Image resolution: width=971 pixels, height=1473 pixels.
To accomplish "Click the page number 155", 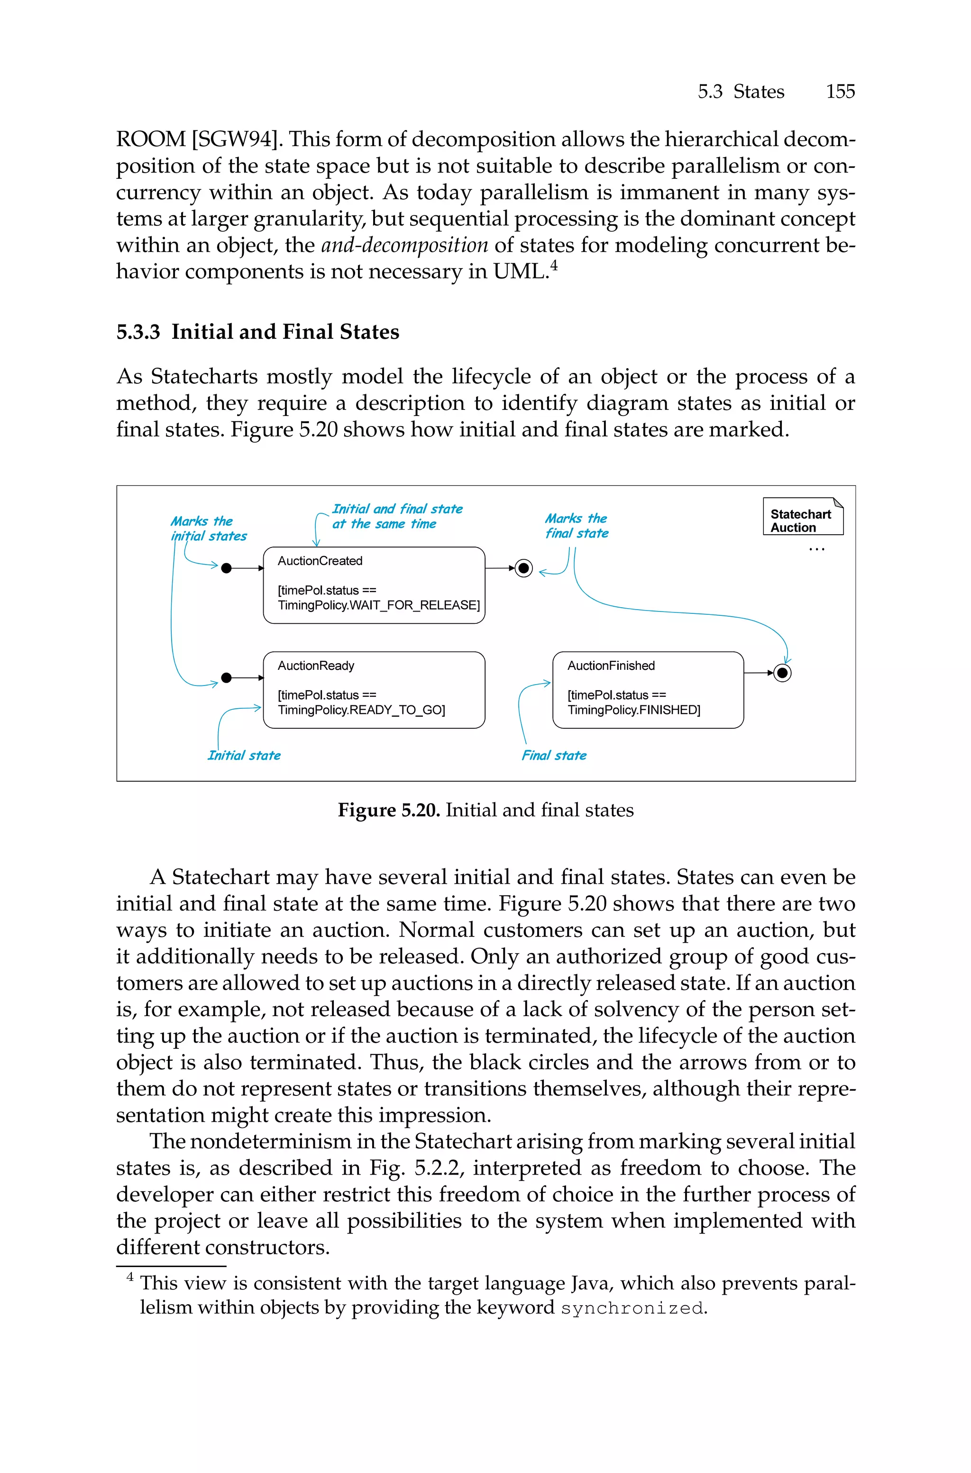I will click(840, 92).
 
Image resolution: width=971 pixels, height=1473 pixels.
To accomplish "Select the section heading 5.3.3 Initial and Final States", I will click(257, 332).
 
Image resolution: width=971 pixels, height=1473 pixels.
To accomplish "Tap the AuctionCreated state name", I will click(320, 561).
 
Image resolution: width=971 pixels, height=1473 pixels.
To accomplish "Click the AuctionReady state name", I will click(316, 665).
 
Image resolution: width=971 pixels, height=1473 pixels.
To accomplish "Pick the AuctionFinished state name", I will click(611, 665).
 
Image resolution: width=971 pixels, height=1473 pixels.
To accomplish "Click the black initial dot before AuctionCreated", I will click(227, 568).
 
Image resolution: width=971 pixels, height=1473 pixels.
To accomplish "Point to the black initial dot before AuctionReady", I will click(227, 677).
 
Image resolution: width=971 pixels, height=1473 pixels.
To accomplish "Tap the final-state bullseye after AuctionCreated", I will click(524, 568).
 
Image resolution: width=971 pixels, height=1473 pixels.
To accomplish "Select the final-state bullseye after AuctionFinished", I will click(783, 673).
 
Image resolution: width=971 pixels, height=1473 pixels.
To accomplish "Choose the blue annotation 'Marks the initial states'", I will click(208, 528).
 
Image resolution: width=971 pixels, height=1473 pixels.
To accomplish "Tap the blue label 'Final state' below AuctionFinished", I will click(554, 755).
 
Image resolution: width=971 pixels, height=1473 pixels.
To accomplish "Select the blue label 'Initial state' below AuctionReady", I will click(244, 755).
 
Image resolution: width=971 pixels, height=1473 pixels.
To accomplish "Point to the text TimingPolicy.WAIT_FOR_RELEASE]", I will click(378, 604).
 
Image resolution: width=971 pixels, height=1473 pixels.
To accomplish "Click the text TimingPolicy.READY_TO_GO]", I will click(361, 710).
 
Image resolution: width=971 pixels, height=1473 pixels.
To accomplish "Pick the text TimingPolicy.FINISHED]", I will click(633, 710).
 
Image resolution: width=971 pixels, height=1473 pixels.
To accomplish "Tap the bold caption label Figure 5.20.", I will click(388, 810).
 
